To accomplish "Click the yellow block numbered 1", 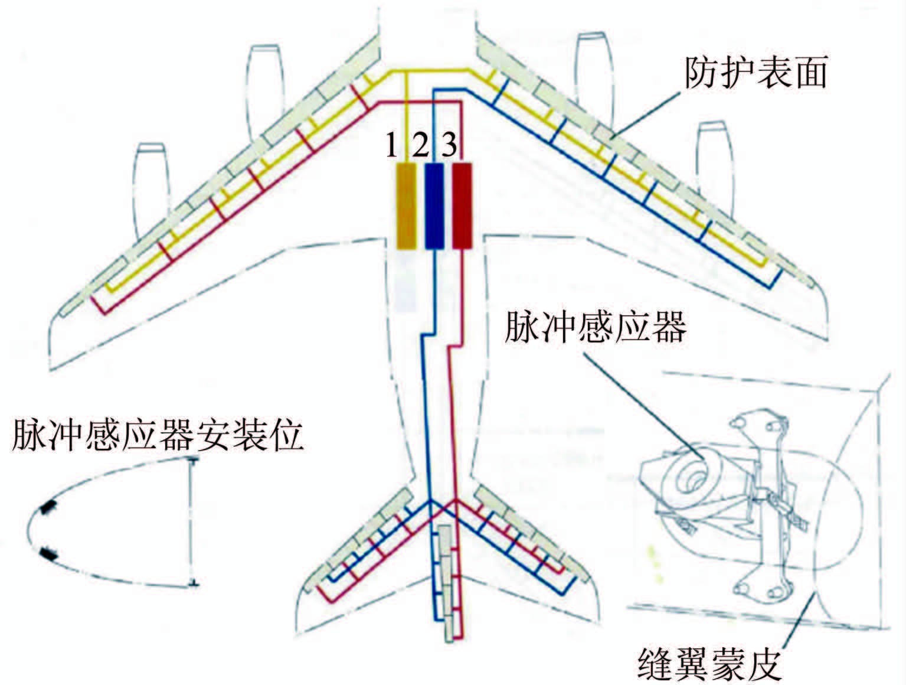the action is point(406,206).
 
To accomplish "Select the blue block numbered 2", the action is point(434,206).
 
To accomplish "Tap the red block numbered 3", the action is point(462,206).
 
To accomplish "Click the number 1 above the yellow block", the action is point(391,145).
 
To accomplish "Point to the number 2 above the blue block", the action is point(420,145).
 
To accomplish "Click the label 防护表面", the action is point(755,73).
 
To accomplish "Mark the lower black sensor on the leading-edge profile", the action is point(48,554).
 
